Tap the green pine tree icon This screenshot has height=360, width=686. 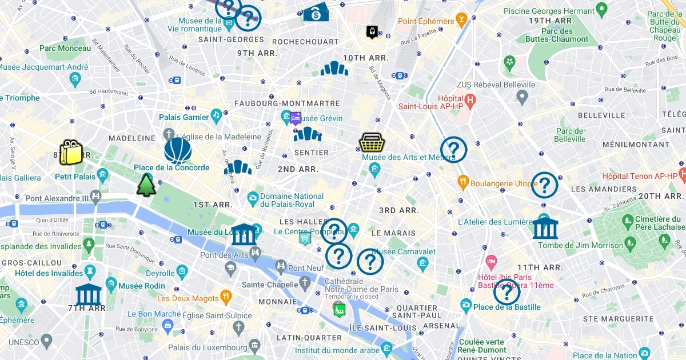tap(146, 185)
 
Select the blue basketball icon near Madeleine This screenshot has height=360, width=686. tap(178, 151)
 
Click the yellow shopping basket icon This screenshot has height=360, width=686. tap(371, 142)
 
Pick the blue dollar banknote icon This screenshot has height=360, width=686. tap(316, 13)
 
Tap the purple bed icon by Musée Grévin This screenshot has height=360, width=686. tap(296, 118)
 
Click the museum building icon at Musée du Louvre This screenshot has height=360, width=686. tap(244, 234)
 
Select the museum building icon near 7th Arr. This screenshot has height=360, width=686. tap(89, 294)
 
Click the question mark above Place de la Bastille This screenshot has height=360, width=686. tap(506, 292)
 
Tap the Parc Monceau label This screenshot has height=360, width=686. tap(65, 49)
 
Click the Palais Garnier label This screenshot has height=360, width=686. tap(184, 117)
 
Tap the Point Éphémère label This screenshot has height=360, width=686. tap(426, 22)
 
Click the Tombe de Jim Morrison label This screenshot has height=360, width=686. tap(580, 245)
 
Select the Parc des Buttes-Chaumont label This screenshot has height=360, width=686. tap(557, 35)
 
